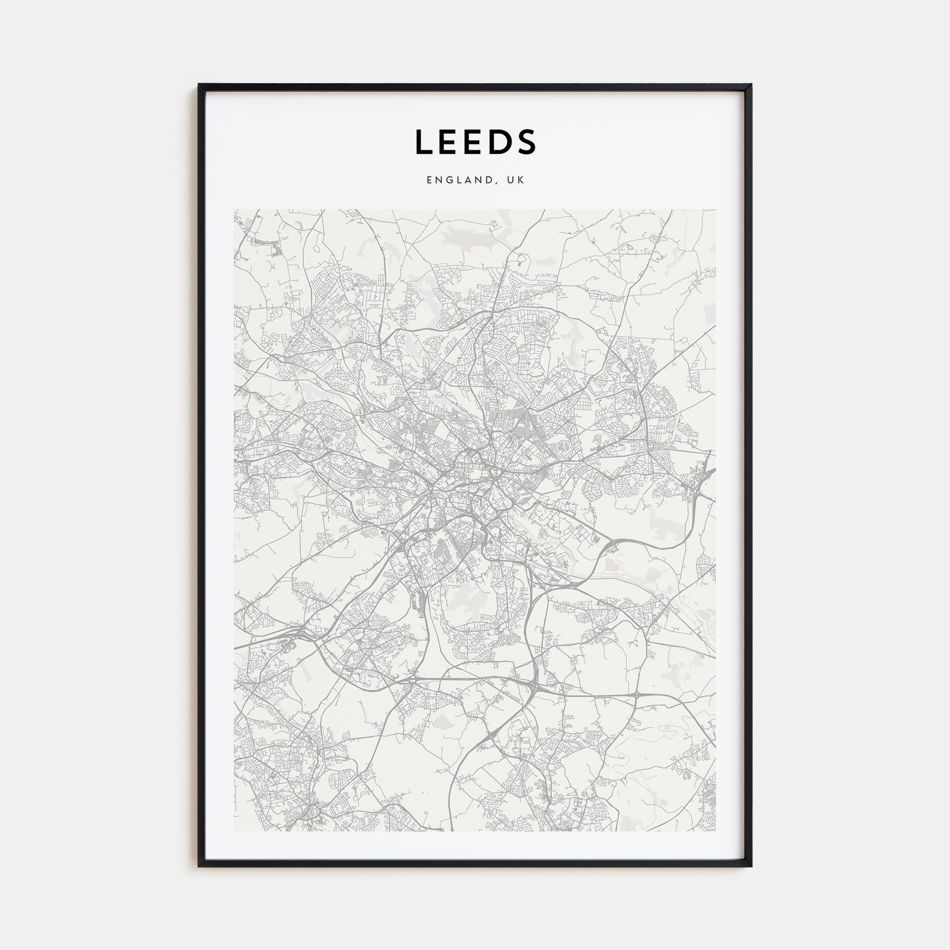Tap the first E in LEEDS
tap(450, 142)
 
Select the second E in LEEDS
tap(476, 142)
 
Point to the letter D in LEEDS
tap(502, 142)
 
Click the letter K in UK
tap(521, 180)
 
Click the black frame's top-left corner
tap(199, 85)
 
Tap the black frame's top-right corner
tap(751, 85)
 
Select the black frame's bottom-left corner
tap(199, 866)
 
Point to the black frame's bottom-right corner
tap(751, 866)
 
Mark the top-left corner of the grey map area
tap(235, 210)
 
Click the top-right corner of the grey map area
tap(716, 210)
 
